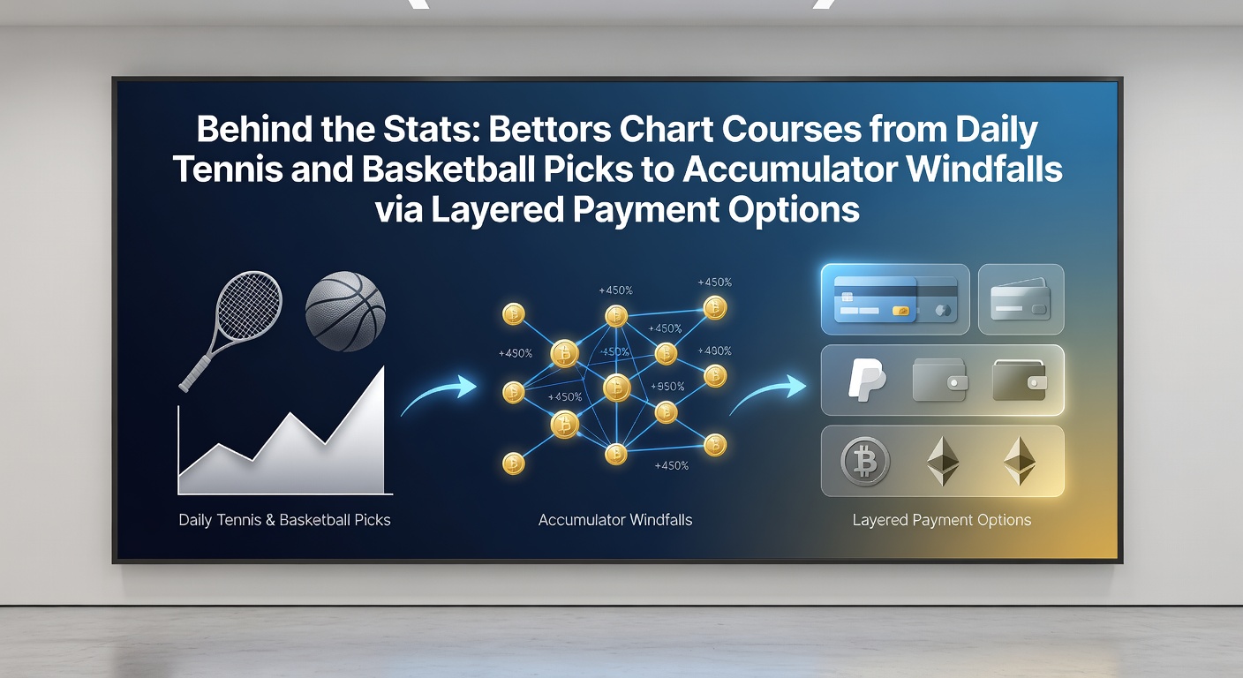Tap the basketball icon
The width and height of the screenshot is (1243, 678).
(x=345, y=312)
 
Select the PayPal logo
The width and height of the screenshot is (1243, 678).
(x=867, y=380)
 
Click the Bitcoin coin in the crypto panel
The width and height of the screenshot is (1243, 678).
(x=864, y=462)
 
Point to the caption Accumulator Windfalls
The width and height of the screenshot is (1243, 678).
(x=614, y=520)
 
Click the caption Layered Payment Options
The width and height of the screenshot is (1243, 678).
(x=942, y=520)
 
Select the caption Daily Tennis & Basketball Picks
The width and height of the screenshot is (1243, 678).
(x=284, y=520)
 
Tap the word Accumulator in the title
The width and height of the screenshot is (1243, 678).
(x=790, y=169)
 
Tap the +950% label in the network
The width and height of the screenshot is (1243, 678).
(x=667, y=386)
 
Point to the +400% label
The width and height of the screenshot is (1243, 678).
(x=714, y=350)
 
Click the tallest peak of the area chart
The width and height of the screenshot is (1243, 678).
(x=383, y=367)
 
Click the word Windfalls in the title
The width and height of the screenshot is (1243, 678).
(x=985, y=169)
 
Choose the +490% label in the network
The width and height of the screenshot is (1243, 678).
(x=516, y=353)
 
